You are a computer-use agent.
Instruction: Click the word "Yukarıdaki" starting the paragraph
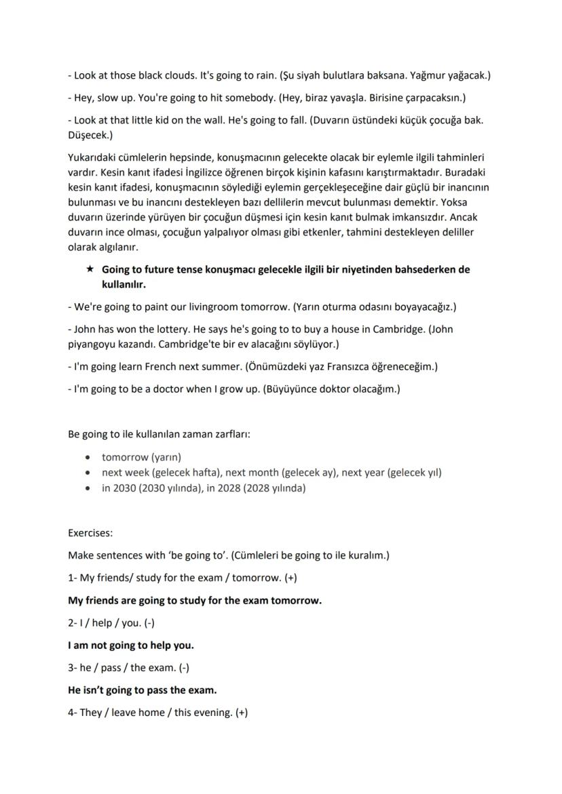[93, 157]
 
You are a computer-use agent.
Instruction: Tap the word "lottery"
[170, 330]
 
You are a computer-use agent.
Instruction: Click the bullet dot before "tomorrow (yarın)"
[88, 458]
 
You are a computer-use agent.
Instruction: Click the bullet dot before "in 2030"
[88, 488]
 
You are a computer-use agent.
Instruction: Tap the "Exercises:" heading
[90, 534]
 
